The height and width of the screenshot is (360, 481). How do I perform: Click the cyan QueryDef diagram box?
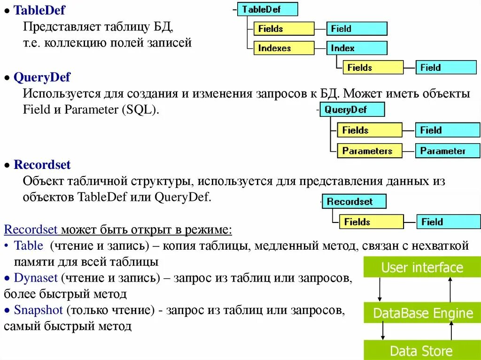[x=352, y=110]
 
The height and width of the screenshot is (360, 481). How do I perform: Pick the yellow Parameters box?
[x=369, y=151]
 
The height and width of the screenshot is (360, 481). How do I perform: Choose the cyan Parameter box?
[x=447, y=151]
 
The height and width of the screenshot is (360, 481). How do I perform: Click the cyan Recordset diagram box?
[x=354, y=202]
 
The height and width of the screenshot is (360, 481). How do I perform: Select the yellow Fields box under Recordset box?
[x=371, y=222]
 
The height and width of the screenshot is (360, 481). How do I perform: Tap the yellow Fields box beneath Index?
[x=372, y=68]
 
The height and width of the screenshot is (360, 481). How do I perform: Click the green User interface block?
[x=422, y=268]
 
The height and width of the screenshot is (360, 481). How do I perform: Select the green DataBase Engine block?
[x=422, y=313]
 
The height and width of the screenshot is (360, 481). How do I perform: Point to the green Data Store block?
[x=422, y=351]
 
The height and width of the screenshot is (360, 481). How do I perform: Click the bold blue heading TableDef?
[x=39, y=9]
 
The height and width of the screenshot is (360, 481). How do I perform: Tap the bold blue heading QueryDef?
[x=42, y=77]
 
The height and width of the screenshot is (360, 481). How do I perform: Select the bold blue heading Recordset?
[x=42, y=165]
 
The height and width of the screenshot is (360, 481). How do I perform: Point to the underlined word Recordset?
[x=31, y=230]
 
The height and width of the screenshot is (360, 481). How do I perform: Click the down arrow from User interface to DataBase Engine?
[x=380, y=290]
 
